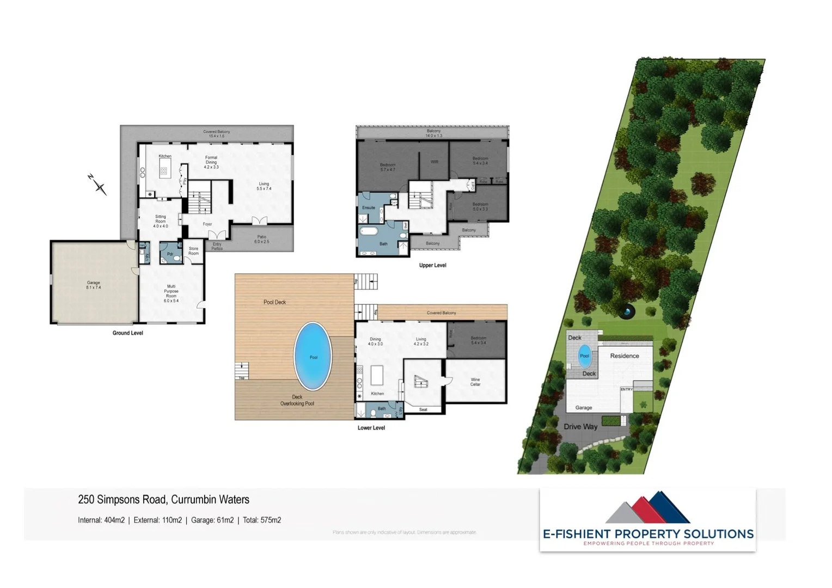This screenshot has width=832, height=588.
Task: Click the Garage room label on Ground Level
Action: [x=93, y=285]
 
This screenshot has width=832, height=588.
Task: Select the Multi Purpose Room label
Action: [x=171, y=293]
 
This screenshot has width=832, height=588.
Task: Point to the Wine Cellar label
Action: [x=475, y=382]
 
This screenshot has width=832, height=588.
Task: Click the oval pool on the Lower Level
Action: [x=313, y=356]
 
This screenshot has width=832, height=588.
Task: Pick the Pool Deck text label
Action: [x=274, y=302]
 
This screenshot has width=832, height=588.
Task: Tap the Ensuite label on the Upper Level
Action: [x=369, y=207]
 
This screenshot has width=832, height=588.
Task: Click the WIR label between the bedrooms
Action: [x=435, y=162]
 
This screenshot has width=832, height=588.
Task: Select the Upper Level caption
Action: [x=432, y=266]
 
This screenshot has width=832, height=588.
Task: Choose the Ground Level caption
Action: [x=128, y=333]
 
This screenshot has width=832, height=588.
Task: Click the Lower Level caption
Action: [x=371, y=428]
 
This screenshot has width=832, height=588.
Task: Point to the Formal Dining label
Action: [x=211, y=162]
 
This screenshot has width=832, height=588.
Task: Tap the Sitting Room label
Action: [x=161, y=221]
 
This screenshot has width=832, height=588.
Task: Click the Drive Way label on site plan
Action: [x=580, y=427]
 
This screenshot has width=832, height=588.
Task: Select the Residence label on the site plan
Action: [x=625, y=356]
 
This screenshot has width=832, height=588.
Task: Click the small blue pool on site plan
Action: [x=584, y=356]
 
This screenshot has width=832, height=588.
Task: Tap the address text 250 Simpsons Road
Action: [x=163, y=500]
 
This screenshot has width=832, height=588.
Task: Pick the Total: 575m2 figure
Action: [x=262, y=520]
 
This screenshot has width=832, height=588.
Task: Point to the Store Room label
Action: [x=193, y=251]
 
